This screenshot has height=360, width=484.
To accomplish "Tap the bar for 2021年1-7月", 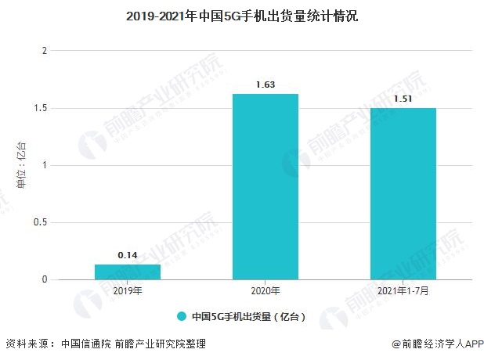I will pos(403,193).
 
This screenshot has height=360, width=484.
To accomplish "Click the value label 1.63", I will pos(265,85).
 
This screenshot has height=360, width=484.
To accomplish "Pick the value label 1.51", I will pos(403,99).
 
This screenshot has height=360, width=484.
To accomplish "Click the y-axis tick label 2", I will pos(45,51).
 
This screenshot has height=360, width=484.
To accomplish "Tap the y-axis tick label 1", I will pos(45,165).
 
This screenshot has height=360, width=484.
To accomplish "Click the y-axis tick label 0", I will pos(45,279).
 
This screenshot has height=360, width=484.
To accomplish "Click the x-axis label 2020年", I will pos(265,291).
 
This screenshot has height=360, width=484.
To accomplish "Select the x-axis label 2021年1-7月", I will pos(403,291).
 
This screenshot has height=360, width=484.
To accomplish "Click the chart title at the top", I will pos(241,16).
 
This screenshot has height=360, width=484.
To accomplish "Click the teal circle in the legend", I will pos(181,317).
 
